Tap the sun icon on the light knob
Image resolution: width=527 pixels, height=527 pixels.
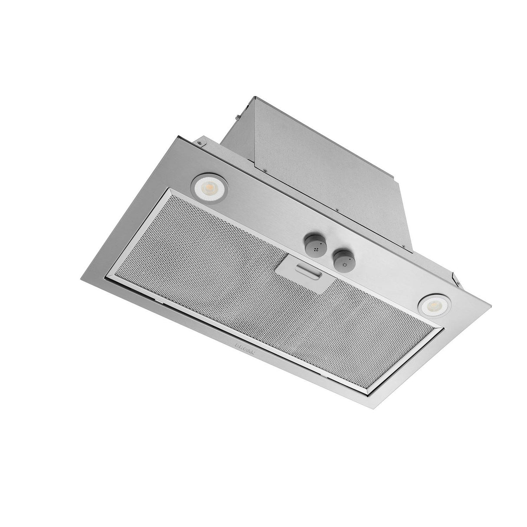click(x=345, y=264)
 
